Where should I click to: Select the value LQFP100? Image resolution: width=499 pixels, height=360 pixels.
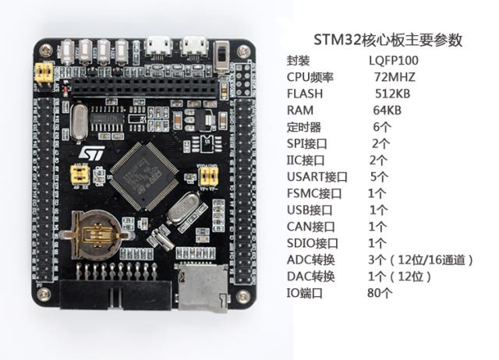395,60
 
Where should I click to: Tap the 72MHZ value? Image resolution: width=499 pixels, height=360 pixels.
395,77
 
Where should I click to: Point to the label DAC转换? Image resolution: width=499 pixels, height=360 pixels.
310,277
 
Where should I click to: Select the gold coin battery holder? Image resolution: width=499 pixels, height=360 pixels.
94,233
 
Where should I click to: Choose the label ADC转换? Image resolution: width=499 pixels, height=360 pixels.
310,260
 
